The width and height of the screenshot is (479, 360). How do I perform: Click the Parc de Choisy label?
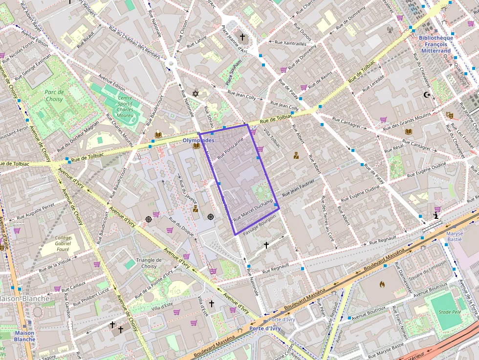[54, 95]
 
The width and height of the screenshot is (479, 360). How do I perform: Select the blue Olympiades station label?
[198, 140]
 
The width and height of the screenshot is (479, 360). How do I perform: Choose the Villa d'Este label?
[162, 308]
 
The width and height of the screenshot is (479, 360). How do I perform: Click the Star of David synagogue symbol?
[196, 93]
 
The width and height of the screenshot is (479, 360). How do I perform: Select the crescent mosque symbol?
[427, 95]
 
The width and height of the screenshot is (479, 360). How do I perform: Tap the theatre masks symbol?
[450, 115]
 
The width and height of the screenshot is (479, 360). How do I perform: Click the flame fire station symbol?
[382, 283]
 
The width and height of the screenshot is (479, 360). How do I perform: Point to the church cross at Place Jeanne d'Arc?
[242, 37]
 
